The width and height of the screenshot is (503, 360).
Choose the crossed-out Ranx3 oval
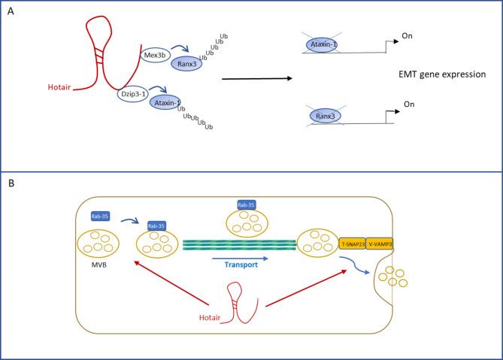[325, 117]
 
